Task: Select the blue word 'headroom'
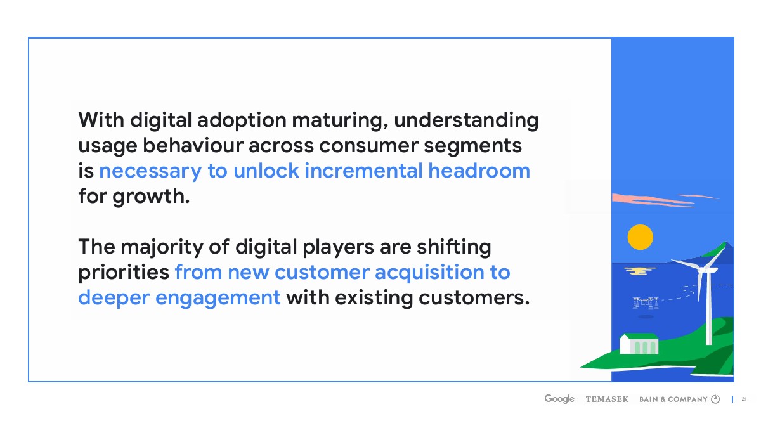[x=479, y=171]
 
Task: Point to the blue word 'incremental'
[x=363, y=171]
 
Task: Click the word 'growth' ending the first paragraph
[x=151, y=197]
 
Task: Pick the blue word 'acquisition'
[x=429, y=273]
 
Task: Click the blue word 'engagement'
[x=218, y=299]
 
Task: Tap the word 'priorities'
[x=124, y=273]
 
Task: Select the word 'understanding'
[x=466, y=120]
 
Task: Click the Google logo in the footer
[x=559, y=399]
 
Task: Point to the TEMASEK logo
[x=607, y=399]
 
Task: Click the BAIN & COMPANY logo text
[x=673, y=399]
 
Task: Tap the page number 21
[x=744, y=399]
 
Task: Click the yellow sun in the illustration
[x=641, y=237]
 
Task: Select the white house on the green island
[x=639, y=344]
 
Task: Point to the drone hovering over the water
[x=646, y=302]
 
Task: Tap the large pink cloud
[x=653, y=200]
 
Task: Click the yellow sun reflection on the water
[x=640, y=271]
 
